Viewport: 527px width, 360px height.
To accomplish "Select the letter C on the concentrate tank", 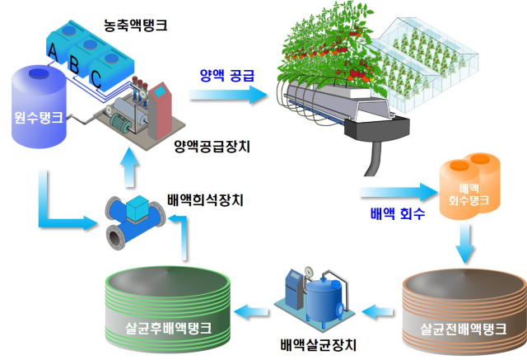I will click(x=96, y=79).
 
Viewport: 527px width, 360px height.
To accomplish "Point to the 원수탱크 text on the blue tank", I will click(x=38, y=117).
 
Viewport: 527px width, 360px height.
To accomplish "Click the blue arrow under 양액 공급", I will click(x=231, y=95).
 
